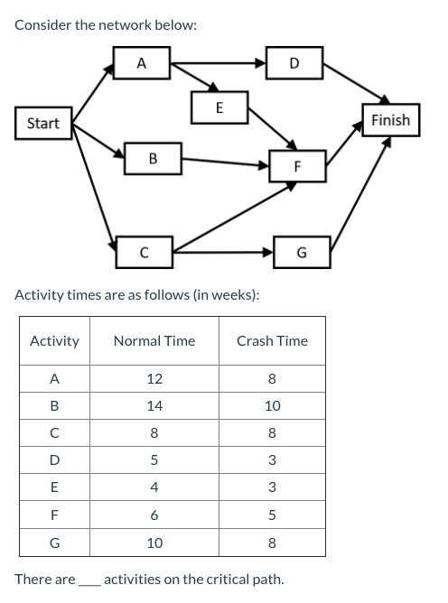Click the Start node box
pyautogui.click(x=43, y=124)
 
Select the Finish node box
pyautogui.click(x=390, y=120)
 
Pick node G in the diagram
pyautogui.click(x=301, y=252)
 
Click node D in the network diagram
pyautogui.click(x=294, y=63)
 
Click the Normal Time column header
pyautogui.click(x=154, y=341)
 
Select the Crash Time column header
pyautogui.click(x=272, y=341)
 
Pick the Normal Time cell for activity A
pyautogui.click(x=154, y=379)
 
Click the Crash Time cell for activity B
pyautogui.click(x=272, y=406)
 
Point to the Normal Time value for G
pyautogui.click(x=154, y=543)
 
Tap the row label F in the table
pyautogui.click(x=54, y=515)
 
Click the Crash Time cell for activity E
pyautogui.click(x=272, y=488)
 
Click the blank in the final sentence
pyautogui.click(x=89, y=580)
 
